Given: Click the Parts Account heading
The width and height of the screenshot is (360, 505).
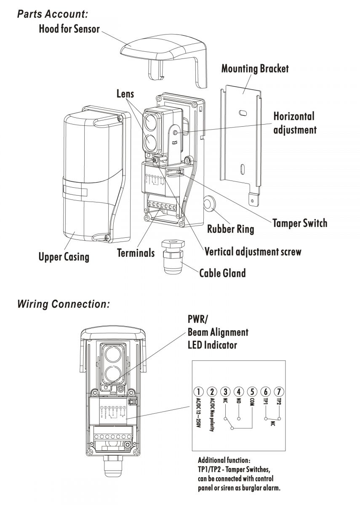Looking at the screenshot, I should [x=52, y=13].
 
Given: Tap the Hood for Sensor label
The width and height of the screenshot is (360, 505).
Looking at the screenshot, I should [x=69, y=29].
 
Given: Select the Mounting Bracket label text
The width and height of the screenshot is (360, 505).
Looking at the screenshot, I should [x=255, y=69].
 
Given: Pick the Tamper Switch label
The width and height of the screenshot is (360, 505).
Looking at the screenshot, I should [x=299, y=223].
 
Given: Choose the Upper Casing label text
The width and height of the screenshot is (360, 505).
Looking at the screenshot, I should [x=64, y=256].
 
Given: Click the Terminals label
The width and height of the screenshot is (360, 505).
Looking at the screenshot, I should [x=136, y=253].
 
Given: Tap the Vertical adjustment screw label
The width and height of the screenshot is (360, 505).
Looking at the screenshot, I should [x=253, y=252].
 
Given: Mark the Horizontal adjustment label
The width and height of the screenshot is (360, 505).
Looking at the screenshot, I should [x=294, y=123].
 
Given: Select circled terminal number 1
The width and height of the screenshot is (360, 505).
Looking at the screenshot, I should [x=200, y=392].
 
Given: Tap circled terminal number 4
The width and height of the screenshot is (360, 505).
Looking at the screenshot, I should [x=239, y=392].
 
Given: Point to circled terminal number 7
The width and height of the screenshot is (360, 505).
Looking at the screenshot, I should [x=278, y=392].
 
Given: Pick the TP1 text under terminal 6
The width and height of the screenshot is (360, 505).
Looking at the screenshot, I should [x=265, y=404].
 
